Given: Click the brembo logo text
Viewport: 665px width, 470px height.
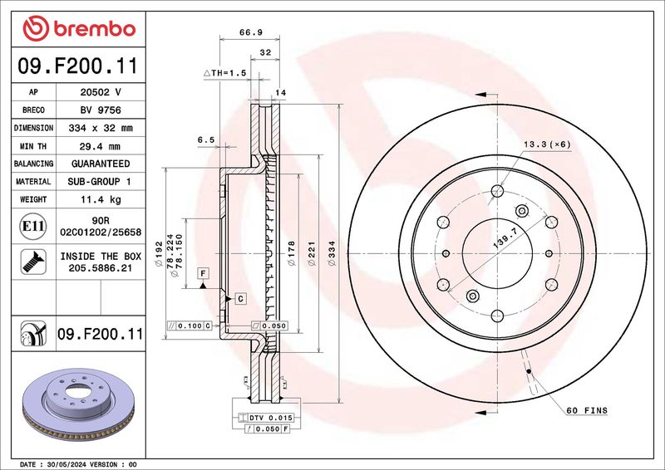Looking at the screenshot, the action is tap(95, 29).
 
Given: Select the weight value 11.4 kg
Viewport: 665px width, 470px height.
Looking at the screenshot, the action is tap(101, 199).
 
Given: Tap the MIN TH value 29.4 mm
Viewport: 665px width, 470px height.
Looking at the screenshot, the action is tap(100, 146).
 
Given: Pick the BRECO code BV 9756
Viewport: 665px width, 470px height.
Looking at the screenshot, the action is tap(101, 110).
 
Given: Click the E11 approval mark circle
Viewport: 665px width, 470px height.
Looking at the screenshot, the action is tap(33, 227).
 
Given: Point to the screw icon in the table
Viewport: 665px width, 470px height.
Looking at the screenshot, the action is tap(33, 262).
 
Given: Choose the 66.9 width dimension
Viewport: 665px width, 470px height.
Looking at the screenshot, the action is tap(251, 32).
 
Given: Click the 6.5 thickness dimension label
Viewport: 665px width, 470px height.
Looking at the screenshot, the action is tap(206, 140).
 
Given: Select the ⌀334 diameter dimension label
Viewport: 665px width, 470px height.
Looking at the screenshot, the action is tap(332, 253).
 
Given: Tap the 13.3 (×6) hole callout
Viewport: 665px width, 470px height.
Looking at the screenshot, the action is tap(547, 144).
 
